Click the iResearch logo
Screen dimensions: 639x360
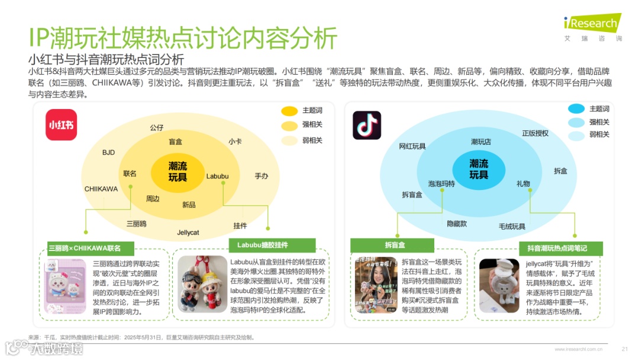(x=591, y=25)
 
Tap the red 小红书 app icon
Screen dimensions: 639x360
(x=62, y=126)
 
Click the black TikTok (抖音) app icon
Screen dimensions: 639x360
(x=367, y=126)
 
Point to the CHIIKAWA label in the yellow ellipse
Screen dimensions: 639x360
(x=101, y=189)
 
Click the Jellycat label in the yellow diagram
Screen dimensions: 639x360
(x=188, y=232)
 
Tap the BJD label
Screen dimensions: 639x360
(x=108, y=152)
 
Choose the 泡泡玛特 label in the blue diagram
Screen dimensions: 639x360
(x=441, y=184)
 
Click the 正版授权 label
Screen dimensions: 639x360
(x=535, y=133)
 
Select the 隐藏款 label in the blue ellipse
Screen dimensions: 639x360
(x=457, y=224)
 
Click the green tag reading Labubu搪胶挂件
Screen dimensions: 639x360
(x=263, y=245)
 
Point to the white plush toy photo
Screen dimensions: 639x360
(x=499, y=285)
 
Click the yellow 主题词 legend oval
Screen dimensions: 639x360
(x=289, y=111)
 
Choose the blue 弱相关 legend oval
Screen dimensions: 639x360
(x=576, y=135)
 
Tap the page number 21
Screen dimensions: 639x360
(x=625, y=349)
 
